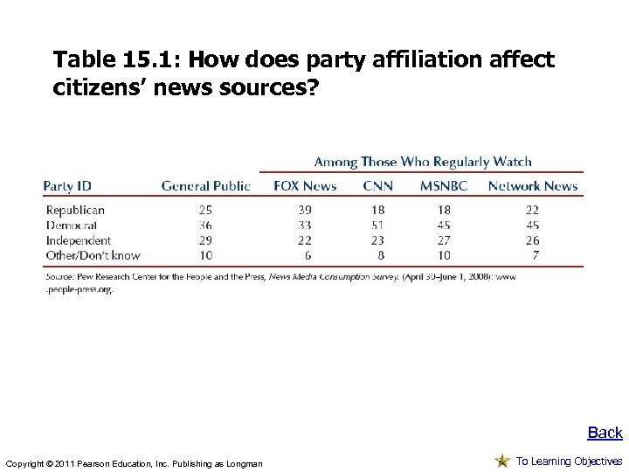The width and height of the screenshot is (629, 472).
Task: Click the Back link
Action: tap(605, 433)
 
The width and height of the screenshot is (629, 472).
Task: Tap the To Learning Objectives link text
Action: tap(569, 461)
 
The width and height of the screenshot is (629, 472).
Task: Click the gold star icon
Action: tap(502, 461)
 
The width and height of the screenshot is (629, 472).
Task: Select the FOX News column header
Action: tap(305, 185)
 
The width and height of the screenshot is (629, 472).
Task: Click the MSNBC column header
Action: tap(444, 185)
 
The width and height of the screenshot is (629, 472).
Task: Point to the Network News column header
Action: tap(532, 185)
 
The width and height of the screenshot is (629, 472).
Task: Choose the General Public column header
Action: tap(205, 185)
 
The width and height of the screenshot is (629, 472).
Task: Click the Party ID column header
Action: tap(67, 185)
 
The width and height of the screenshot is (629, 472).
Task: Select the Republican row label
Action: tap(75, 210)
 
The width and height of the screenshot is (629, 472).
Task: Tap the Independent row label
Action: tap(79, 239)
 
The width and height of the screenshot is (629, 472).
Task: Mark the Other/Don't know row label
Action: tap(93, 254)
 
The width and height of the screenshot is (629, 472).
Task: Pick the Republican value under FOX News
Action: tap(305, 210)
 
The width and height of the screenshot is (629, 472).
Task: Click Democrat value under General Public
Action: tap(206, 225)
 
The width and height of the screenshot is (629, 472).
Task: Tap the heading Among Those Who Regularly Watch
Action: tap(423, 162)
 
